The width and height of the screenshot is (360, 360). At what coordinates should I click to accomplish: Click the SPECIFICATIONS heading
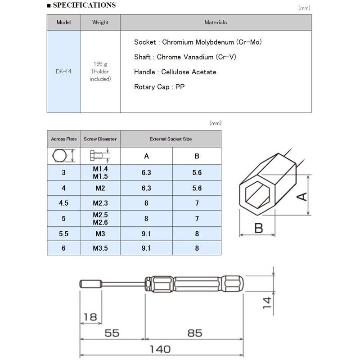84,5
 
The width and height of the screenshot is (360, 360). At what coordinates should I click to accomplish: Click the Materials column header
216,22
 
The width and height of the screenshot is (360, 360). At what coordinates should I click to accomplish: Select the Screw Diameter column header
100,139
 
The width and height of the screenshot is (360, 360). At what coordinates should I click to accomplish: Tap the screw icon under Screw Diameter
100,155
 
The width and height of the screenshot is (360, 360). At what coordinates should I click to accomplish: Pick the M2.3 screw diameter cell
100,203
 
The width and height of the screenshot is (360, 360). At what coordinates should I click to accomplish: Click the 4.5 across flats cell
63,203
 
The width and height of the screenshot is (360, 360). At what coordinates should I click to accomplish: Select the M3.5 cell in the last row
100,247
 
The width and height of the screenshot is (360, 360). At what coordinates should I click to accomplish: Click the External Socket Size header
171,139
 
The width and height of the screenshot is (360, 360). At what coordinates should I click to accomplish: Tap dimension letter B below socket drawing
257,228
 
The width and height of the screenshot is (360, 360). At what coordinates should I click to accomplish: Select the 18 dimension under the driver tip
90,317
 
